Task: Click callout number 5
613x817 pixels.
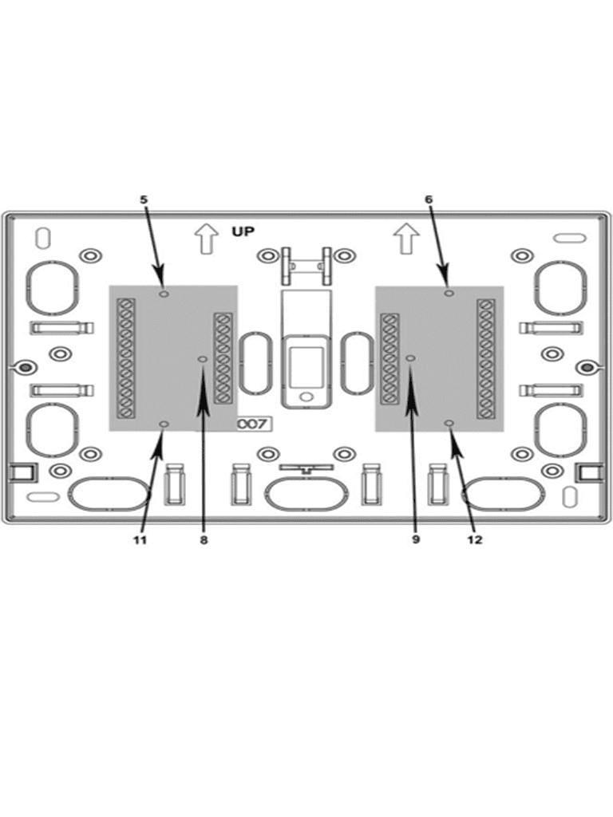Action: pos(144,199)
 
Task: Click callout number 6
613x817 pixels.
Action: pos(429,199)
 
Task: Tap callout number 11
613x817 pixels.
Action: pos(140,540)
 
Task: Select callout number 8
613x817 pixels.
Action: pos(204,540)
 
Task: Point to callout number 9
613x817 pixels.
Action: pos(415,539)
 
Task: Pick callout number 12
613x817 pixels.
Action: pos(475,540)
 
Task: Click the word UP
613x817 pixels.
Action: pos(243,231)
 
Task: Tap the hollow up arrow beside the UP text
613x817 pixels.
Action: pos(207,239)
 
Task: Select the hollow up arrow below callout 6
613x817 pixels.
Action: pos(406,239)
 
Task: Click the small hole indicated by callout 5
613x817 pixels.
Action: pos(164,294)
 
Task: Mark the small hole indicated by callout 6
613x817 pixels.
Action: pos(449,294)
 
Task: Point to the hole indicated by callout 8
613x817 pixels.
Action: pos(202,360)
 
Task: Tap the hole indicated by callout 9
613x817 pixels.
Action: pos(411,358)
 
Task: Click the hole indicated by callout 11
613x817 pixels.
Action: pos(164,425)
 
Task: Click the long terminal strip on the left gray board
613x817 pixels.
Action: pos(125,358)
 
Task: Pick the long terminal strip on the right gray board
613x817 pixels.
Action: pos(486,359)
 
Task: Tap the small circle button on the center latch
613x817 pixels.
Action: pos(306,397)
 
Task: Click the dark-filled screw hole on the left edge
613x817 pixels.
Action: pos(25,368)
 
